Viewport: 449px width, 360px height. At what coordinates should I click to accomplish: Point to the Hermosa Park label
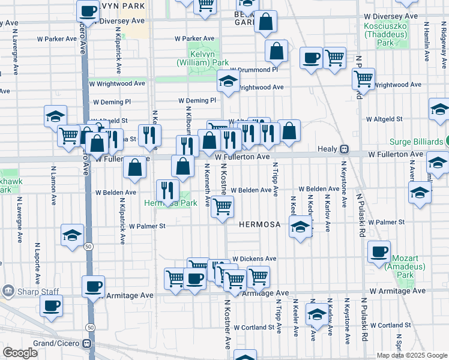(170, 203)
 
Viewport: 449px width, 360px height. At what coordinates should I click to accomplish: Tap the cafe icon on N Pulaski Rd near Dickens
(379, 252)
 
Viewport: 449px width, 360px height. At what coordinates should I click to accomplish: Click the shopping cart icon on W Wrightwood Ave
(364, 77)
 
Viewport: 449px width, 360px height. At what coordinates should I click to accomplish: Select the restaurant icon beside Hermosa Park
(167, 190)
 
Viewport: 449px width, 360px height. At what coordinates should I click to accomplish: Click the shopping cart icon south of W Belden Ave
(223, 207)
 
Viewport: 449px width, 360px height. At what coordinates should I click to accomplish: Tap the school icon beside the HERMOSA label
(300, 226)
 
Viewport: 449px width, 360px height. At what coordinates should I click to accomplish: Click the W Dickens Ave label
(255, 259)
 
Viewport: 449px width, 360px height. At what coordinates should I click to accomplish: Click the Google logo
(20, 353)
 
